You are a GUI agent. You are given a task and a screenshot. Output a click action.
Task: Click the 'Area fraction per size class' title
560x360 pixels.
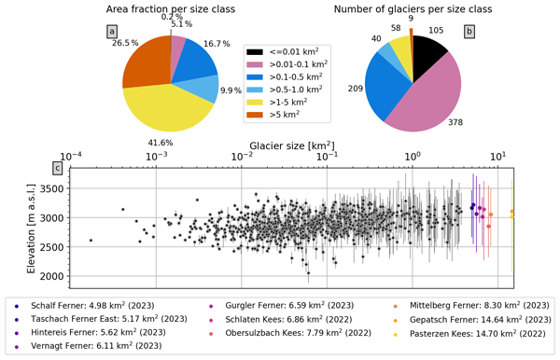[x=171, y=9]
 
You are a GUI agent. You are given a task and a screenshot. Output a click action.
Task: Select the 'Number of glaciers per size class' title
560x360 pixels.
[x=413, y=9]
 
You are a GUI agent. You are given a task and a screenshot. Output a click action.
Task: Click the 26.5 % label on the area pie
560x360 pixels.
[x=125, y=43]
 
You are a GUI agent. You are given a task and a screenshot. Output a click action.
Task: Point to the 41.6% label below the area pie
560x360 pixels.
[x=161, y=143]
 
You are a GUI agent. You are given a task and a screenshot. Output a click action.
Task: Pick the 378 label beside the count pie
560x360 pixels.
[x=455, y=122]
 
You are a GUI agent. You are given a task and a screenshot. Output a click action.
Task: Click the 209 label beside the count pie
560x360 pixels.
[x=356, y=88]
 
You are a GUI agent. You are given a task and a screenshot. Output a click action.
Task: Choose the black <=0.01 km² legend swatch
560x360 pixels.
[x=255, y=52]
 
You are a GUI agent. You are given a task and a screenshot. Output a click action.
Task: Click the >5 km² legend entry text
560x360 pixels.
[x=285, y=115]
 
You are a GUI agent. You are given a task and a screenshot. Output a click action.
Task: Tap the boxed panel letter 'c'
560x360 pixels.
[x=58, y=168]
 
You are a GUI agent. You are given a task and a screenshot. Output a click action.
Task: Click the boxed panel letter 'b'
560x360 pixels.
[x=469, y=32]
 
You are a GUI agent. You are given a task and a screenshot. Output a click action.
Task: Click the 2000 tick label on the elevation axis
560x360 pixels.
[x=51, y=276]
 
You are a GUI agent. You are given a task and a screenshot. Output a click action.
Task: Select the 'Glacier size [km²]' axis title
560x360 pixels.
[x=292, y=145]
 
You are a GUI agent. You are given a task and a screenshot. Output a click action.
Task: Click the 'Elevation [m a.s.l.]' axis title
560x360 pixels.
[x=32, y=228]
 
